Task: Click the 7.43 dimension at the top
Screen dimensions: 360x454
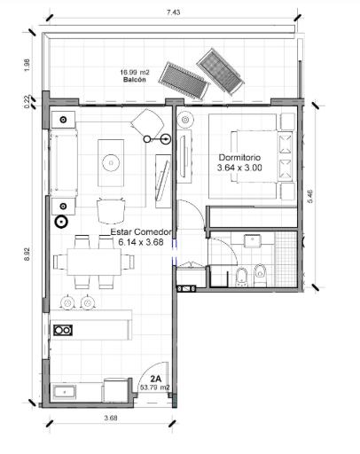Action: pyautogui.click(x=173, y=12)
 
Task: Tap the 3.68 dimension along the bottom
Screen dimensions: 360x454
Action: pyautogui.click(x=111, y=418)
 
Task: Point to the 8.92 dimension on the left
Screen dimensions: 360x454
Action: pyautogui.click(x=27, y=254)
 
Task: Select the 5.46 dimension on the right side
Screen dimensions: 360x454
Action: pyautogui.click(x=310, y=196)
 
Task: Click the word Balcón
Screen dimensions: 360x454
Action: pyautogui.click(x=135, y=80)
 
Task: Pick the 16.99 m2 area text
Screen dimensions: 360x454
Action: pyautogui.click(x=135, y=73)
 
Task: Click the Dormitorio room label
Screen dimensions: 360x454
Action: pyautogui.click(x=239, y=157)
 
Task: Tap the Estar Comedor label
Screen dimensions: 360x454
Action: pyautogui.click(x=141, y=232)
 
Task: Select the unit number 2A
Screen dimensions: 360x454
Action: pyautogui.click(x=155, y=379)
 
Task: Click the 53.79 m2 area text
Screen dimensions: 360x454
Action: pyautogui.click(x=154, y=387)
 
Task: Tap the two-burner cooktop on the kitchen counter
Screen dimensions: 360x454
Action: pyautogui.click(x=63, y=330)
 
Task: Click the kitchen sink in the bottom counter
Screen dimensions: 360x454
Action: pyautogui.click(x=65, y=392)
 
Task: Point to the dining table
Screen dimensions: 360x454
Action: pyautogui.click(x=94, y=262)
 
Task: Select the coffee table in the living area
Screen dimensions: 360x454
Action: pyautogui.click(x=111, y=163)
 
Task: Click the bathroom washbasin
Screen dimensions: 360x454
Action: pyautogui.click(x=252, y=241)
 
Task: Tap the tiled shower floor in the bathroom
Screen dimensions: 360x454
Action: pyautogui.click(x=286, y=259)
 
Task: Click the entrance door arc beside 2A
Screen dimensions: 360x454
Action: pyautogui.click(x=148, y=370)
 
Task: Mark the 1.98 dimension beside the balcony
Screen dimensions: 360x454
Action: pyautogui.click(x=27, y=65)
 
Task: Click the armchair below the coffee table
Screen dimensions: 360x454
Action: pyautogui.click(x=111, y=211)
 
